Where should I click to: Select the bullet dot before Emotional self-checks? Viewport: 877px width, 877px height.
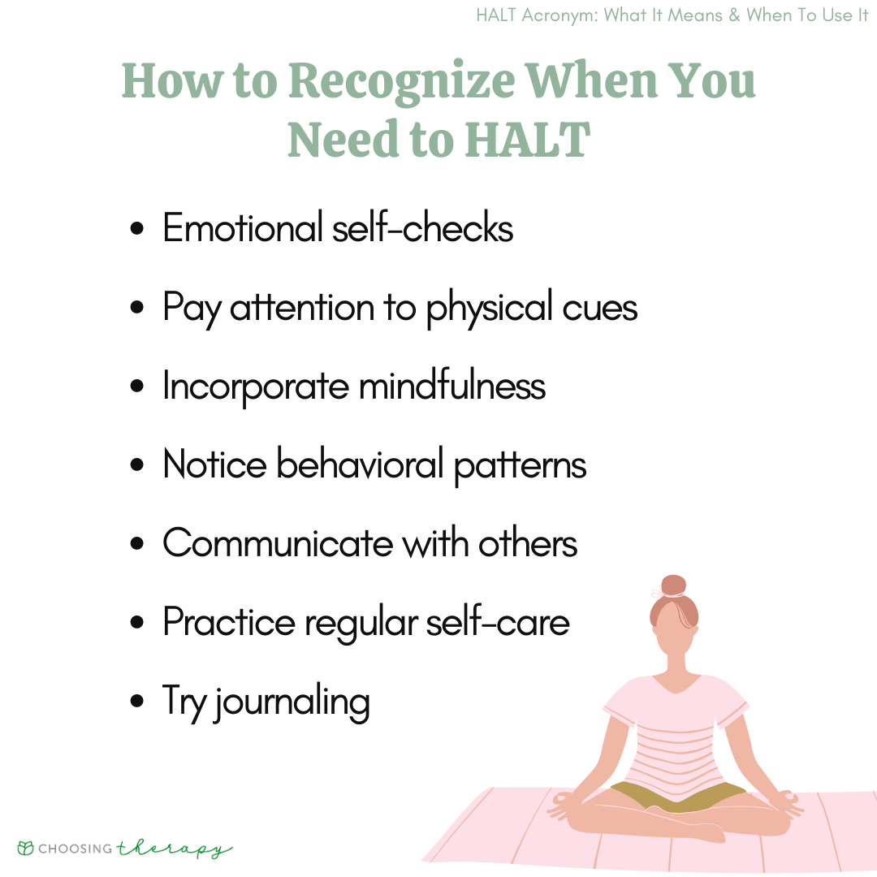(138, 230)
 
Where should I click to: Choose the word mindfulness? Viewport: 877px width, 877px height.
(452, 386)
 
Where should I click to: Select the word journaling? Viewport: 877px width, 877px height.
(292, 702)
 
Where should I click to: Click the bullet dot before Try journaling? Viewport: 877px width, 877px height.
(138, 701)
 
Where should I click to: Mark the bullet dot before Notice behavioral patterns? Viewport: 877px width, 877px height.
(138, 465)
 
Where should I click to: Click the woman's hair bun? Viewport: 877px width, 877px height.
(673, 585)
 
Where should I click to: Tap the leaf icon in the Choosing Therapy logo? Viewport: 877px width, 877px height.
(26, 849)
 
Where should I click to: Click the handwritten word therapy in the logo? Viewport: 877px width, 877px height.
(174, 849)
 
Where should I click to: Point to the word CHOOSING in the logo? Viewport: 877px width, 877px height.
(76, 849)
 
